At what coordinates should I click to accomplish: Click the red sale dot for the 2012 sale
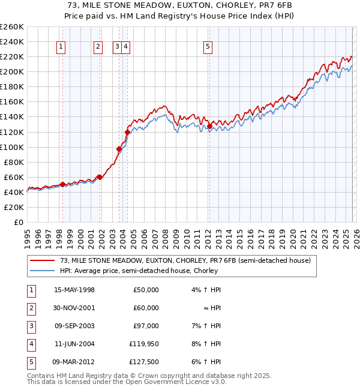[x=209, y=126]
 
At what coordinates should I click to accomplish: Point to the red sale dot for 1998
[x=62, y=184]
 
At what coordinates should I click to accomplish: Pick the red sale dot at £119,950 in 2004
[x=127, y=132]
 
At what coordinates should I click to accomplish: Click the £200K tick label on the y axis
[x=12, y=71]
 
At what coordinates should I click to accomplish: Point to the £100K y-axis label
[x=12, y=147]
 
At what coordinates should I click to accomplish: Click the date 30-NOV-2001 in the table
[x=74, y=308]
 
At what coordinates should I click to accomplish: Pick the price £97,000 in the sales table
[x=146, y=326]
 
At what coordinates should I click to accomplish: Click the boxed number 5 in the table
[x=31, y=362]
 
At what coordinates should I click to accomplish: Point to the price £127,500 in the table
[x=144, y=362]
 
